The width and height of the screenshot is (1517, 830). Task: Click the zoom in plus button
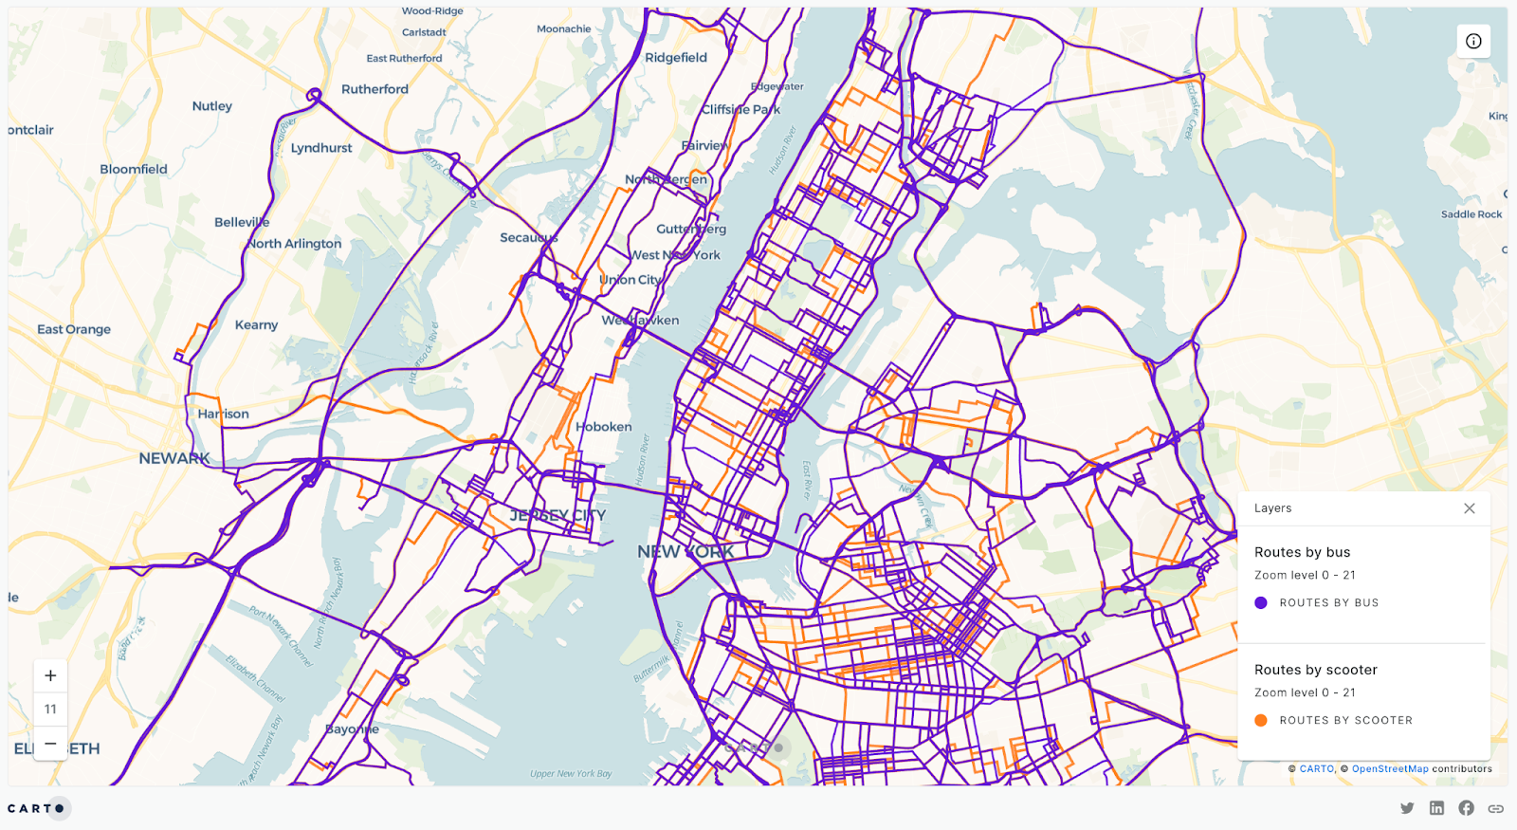coord(50,675)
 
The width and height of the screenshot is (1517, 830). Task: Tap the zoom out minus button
coord(50,743)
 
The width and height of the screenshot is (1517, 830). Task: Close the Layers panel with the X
coord(1469,508)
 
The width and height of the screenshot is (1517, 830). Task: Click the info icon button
coord(1473,41)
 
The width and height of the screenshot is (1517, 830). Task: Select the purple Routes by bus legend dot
coord(1261,602)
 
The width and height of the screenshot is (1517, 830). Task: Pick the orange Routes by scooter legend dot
coord(1261,720)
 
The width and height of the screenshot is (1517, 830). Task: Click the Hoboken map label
coord(604,427)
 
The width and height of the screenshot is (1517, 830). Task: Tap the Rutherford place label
coord(375,89)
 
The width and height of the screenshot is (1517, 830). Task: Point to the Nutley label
coord(211,106)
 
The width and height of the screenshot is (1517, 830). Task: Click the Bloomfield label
coord(134,169)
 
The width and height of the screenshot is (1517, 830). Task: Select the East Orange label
coord(74,329)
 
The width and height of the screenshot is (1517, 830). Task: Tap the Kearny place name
coord(256,324)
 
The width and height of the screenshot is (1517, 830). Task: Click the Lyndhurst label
coord(321,148)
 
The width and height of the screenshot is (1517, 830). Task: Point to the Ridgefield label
coord(676,58)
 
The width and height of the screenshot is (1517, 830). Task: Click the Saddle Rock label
coord(1471,214)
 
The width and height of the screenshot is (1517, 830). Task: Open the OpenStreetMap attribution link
coord(1390,769)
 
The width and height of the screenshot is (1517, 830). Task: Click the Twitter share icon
coord(1407,808)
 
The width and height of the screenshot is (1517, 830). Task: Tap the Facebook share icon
coord(1466,808)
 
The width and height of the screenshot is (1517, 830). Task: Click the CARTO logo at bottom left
coord(37,808)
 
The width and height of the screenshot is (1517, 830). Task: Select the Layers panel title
coord(1272,508)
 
